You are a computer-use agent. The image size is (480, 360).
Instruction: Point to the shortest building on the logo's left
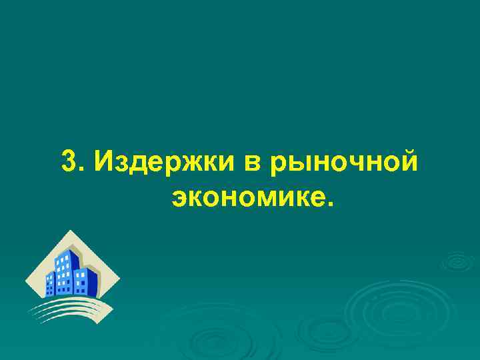tap(49, 283)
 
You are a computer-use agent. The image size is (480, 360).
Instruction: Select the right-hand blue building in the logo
tap(89, 280)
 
